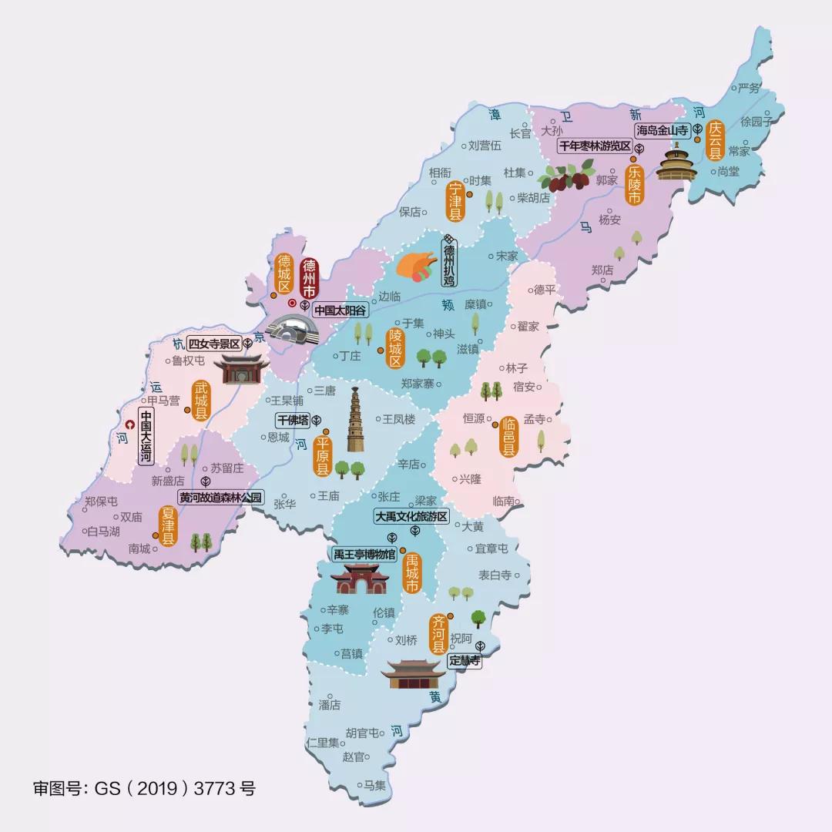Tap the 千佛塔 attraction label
click(293, 420)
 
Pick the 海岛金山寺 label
click(661, 131)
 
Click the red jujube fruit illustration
click(565, 176)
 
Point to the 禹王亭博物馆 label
click(364, 554)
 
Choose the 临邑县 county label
click(509, 437)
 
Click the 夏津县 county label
click(167, 526)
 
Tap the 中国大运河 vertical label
click(146, 435)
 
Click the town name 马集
click(375, 785)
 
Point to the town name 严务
click(749, 87)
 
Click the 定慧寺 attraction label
click(465, 660)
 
